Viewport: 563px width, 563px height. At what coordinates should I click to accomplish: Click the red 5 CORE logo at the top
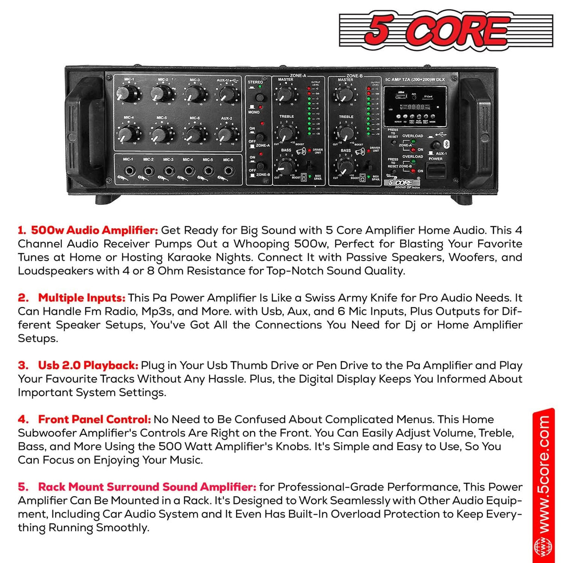coord(446,31)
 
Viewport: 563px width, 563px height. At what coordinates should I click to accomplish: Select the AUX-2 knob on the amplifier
coord(225,135)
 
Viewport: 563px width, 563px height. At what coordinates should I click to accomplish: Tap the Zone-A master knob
coord(286,95)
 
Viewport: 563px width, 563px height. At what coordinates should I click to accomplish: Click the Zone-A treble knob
coord(286,133)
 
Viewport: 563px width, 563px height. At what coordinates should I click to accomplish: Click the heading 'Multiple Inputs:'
coord(81,298)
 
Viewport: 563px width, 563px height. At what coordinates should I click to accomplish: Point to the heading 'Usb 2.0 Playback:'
coord(88,365)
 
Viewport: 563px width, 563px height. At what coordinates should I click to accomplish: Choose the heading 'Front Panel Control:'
coord(94,420)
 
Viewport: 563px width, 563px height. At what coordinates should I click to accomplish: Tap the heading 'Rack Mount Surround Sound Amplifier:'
coord(147,487)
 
